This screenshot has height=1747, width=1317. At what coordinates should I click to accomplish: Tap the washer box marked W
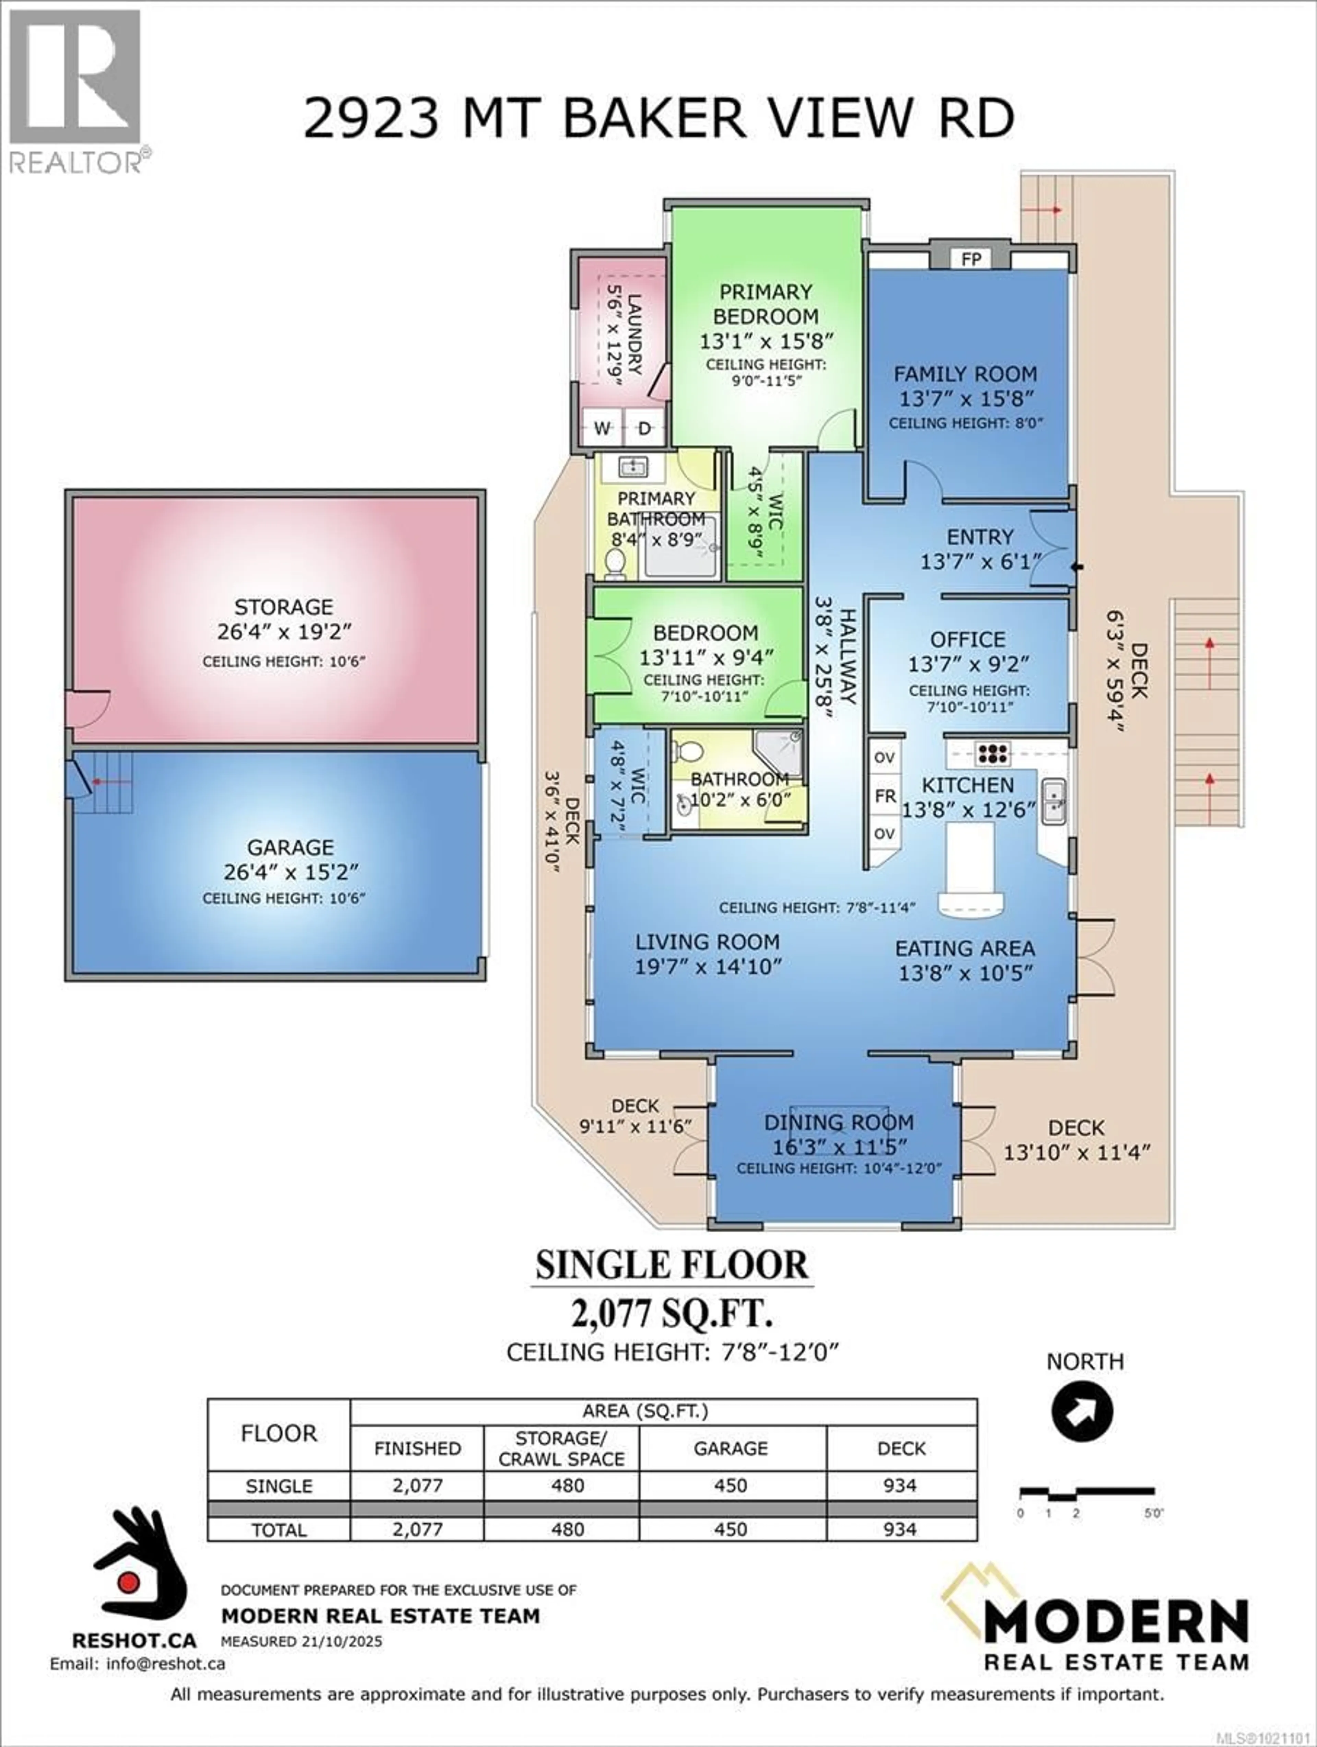603,428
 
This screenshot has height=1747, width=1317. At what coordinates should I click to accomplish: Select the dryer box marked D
645,428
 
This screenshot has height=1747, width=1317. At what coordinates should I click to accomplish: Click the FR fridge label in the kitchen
884,796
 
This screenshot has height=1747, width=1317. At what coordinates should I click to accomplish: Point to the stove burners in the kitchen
992,753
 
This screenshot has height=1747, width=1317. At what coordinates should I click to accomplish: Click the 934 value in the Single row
901,1486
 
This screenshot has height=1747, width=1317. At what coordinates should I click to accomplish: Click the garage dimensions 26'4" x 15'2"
290,872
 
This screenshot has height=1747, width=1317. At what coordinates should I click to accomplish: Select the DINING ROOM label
839,1122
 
